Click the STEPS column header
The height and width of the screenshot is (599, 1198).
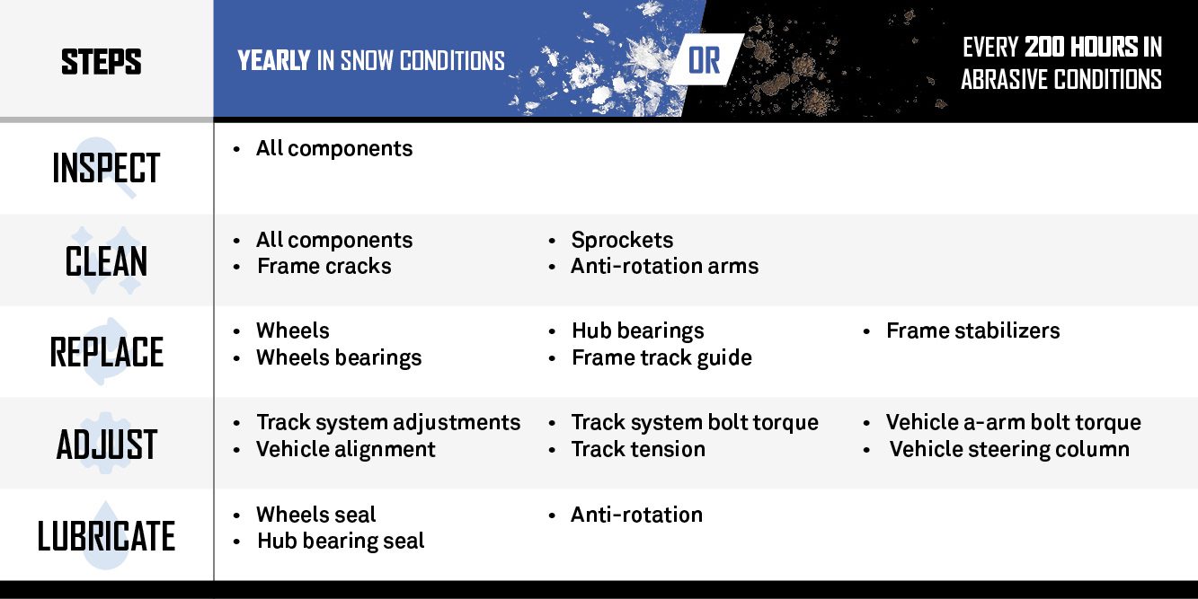102,61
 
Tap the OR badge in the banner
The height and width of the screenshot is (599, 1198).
705,60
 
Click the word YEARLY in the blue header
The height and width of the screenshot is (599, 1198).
274,60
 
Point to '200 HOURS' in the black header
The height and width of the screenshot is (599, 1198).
1081,47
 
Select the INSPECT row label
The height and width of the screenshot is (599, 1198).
106,168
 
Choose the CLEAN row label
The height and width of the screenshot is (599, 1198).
106,261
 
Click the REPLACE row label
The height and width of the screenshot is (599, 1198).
106,353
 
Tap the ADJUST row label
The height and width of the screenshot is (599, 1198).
106,445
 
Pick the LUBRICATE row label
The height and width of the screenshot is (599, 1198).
106,536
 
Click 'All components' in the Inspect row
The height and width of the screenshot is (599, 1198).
334,148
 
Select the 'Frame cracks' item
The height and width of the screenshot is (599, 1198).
324,266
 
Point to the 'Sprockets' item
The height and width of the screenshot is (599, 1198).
622,240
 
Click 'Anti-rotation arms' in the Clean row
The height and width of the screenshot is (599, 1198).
665,266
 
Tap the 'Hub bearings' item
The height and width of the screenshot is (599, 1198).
638,331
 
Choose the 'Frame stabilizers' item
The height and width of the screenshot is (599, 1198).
972,330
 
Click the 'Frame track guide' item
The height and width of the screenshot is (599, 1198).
661,358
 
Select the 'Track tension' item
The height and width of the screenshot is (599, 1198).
638,449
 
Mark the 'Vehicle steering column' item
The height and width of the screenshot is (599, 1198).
1010,449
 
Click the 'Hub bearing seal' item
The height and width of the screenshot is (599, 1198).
341,541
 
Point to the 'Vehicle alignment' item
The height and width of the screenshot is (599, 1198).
345,449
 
